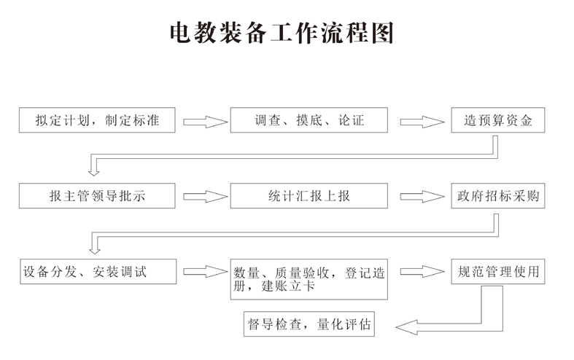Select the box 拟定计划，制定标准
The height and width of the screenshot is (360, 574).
click(98, 120)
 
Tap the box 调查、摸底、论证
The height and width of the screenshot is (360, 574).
click(309, 120)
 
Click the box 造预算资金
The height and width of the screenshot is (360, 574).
click(498, 120)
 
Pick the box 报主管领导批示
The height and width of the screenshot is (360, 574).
click(98, 196)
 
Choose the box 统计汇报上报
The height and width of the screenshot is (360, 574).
click(309, 196)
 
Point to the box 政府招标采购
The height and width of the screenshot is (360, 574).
click(498, 196)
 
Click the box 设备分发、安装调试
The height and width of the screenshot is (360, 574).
click(98, 273)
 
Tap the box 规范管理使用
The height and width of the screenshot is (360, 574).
click(498, 273)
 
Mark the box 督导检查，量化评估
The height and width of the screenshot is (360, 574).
click(309, 324)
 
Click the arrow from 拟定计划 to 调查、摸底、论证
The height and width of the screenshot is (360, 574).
click(205, 121)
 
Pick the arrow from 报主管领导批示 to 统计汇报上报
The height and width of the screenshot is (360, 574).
click(205, 197)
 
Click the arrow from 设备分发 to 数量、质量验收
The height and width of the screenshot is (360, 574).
click(205, 272)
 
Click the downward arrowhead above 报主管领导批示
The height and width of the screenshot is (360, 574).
click(93, 171)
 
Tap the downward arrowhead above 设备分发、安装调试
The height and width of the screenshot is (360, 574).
click(93, 247)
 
